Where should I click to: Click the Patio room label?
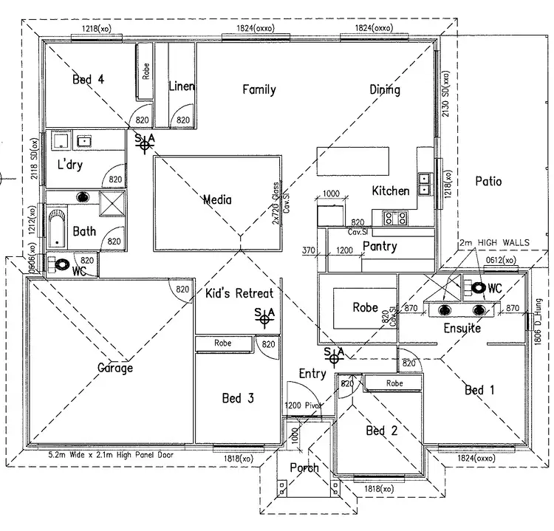[x=488, y=181]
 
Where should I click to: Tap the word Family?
[x=259, y=89]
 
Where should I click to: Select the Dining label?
[x=385, y=89]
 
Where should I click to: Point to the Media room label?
[x=217, y=199]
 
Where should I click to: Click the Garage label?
[x=114, y=367]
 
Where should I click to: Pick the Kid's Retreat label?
[x=239, y=293]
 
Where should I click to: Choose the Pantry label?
[x=380, y=246]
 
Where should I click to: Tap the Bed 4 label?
[x=88, y=80]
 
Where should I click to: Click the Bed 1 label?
[x=480, y=389]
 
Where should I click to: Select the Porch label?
[x=304, y=467]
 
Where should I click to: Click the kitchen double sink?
[x=425, y=183]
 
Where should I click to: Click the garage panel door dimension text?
[x=111, y=456]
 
